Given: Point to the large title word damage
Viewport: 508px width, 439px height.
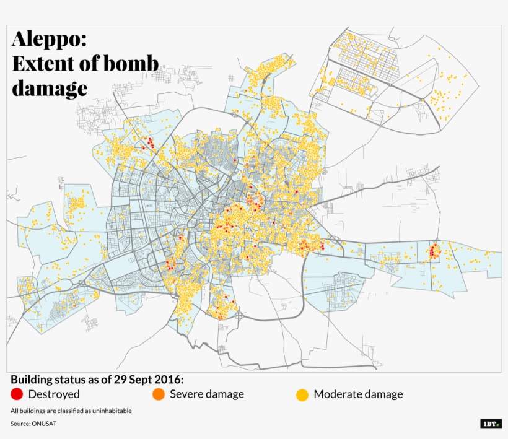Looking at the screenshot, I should pyautogui.click(x=50, y=88).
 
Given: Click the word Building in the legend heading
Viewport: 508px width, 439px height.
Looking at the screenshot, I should pyautogui.click(x=32, y=379).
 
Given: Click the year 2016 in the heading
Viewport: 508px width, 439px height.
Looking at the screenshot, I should pyautogui.click(x=169, y=379).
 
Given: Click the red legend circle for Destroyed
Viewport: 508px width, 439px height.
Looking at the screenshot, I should pyautogui.click(x=17, y=394).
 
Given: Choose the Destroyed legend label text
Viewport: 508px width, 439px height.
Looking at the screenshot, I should pyautogui.click(x=54, y=394).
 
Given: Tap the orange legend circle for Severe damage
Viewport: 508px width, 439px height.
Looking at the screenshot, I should pyautogui.click(x=159, y=394).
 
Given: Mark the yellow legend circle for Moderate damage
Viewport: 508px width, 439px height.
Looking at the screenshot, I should pyautogui.click(x=302, y=394).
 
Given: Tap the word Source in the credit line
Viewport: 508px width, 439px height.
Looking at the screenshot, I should pyautogui.click(x=20, y=424).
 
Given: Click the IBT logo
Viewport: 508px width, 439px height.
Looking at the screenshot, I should pyautogui.click(x=491, y=424).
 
